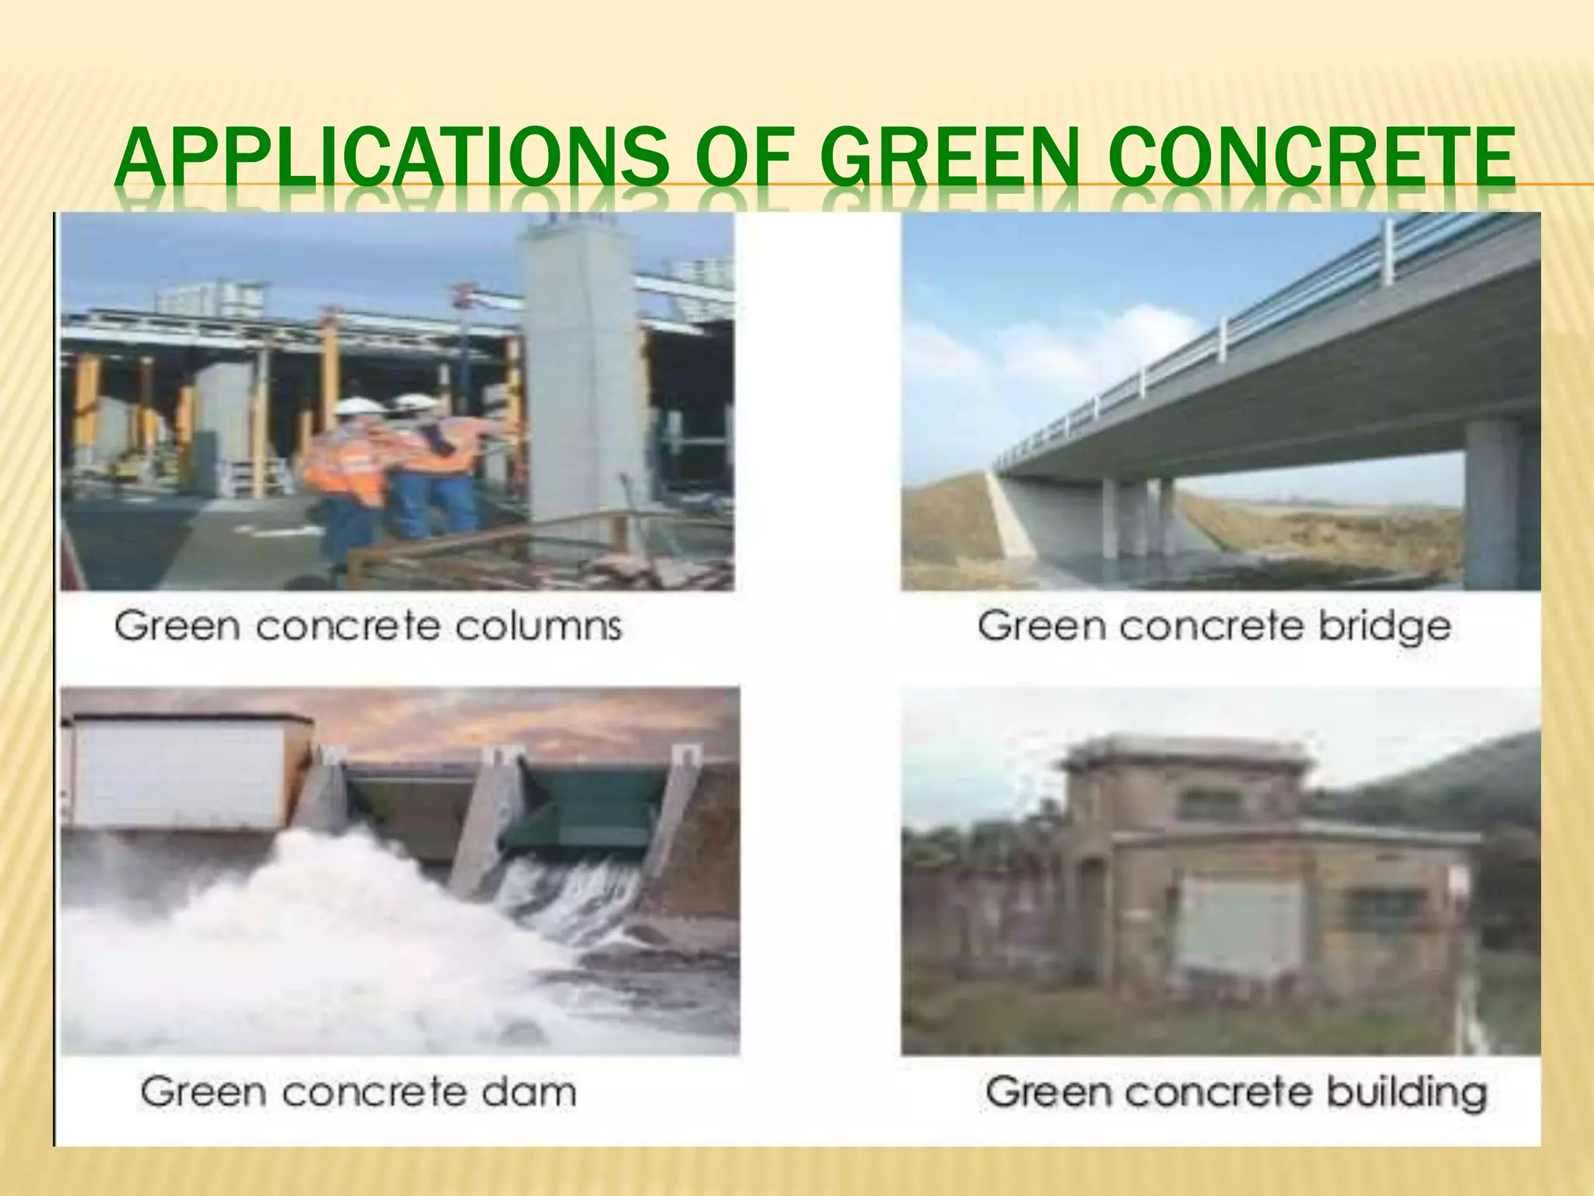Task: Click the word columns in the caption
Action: pos(539,626)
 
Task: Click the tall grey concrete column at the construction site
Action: pos(585,382)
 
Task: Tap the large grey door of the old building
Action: pos(1240,927)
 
